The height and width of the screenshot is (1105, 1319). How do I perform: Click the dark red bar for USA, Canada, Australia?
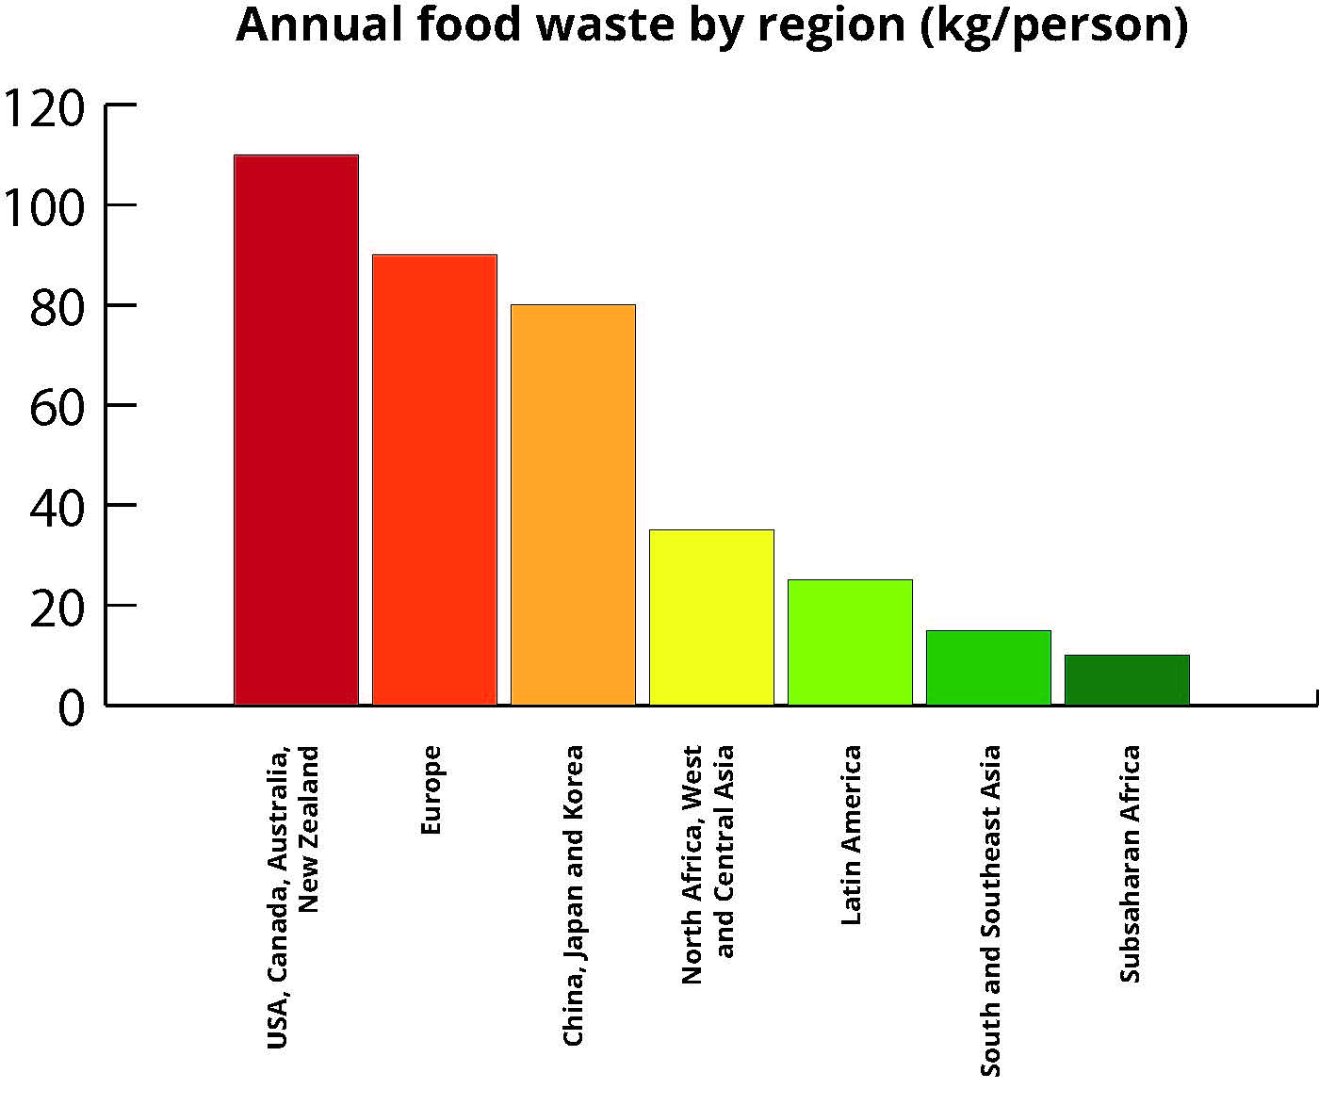pos(296,430)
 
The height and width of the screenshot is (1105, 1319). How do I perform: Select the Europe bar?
pos(434,479)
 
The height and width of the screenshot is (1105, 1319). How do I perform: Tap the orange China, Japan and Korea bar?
pos(573,505)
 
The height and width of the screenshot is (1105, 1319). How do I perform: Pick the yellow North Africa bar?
pos(711,617)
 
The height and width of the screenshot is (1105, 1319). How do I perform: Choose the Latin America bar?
pos(850,642)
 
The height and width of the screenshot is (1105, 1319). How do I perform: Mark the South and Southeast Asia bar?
pos(988,667)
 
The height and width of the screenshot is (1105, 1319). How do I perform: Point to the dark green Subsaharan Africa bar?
pos(1127,679)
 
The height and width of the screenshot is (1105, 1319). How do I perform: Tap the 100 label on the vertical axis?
pos(45,206)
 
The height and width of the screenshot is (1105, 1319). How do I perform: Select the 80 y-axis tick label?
pos(57,306)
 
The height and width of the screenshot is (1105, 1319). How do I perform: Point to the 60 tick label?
pos(57,406)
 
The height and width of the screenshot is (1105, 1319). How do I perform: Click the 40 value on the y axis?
pos(57,506)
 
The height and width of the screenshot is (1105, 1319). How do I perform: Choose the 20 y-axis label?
pos(57,607)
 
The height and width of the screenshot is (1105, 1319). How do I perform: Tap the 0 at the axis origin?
pos(71,707)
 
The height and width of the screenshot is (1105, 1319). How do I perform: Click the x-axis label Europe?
pos(431,789)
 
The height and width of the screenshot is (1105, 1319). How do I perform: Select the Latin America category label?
pos(851,835)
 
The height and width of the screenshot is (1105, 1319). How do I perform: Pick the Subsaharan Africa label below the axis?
pos(1130,863)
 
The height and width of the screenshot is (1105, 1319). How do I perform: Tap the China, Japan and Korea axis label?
pos(573,895)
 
